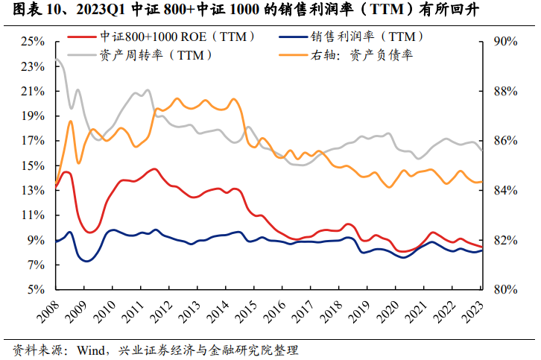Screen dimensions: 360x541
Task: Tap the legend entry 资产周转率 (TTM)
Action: click(154, 54)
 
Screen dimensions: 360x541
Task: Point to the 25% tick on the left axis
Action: click(33, 42)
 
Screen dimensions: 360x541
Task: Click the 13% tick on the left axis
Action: click(33, 191)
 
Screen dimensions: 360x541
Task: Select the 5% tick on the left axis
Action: click(36, 290)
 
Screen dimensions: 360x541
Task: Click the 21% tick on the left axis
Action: click(33, 92)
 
